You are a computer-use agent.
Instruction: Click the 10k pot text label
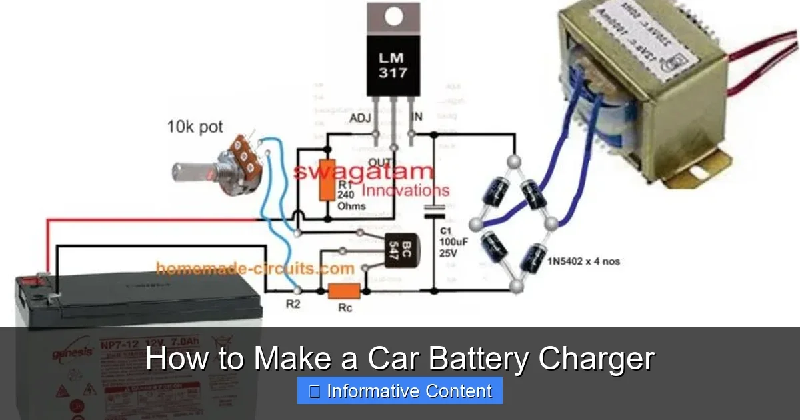coord(195,127)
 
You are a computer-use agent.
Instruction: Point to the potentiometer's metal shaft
coord(191,171)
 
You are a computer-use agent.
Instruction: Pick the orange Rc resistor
coord(344,291)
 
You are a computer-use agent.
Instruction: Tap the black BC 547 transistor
coord(398,251)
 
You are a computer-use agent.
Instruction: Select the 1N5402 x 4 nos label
coord(583,261)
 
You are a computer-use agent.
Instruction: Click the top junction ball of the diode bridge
coord(514,161)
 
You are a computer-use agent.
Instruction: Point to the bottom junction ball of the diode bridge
coord(515,286)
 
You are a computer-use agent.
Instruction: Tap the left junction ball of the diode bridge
coord(475,223)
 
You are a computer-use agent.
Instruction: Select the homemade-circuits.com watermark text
coord(255,269)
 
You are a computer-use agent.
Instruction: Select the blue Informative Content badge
coord(400,391)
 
